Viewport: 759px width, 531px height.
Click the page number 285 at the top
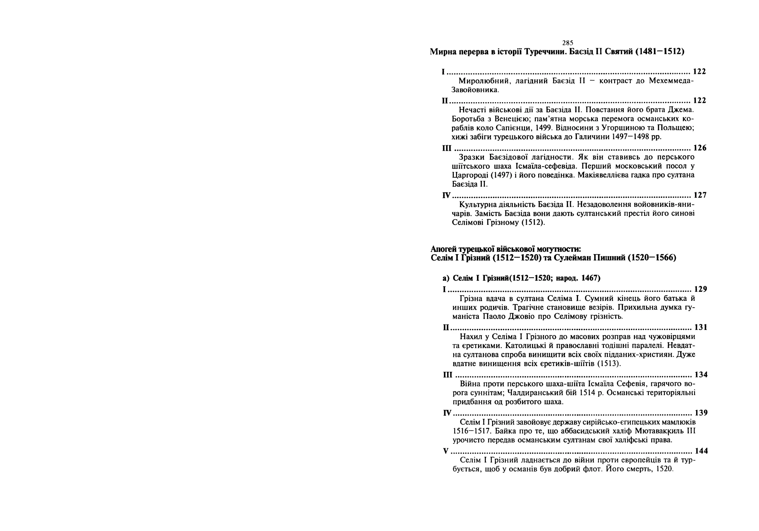pos(568,43)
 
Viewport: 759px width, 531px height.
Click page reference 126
pos(700,148)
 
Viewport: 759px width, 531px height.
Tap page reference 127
pos(700,195)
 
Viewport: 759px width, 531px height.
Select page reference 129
pos(700,289)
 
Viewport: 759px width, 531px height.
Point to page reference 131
pos(701,327)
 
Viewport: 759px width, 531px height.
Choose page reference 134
pos(701,375)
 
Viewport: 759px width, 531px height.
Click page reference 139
pos(701,413)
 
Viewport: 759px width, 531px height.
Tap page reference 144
pos(701,451)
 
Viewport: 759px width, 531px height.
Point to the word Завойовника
pos(475,90)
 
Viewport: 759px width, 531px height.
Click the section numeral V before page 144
pos(446,451)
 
